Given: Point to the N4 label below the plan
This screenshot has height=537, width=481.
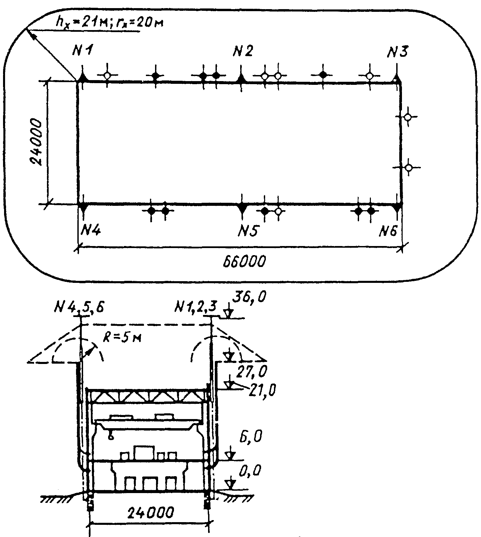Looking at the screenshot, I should [90, 231].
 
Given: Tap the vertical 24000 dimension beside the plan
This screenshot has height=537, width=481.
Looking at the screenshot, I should [36, 142].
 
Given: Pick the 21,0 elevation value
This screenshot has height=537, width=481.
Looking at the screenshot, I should [262, 391].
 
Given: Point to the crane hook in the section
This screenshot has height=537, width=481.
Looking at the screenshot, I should [110, 437].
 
